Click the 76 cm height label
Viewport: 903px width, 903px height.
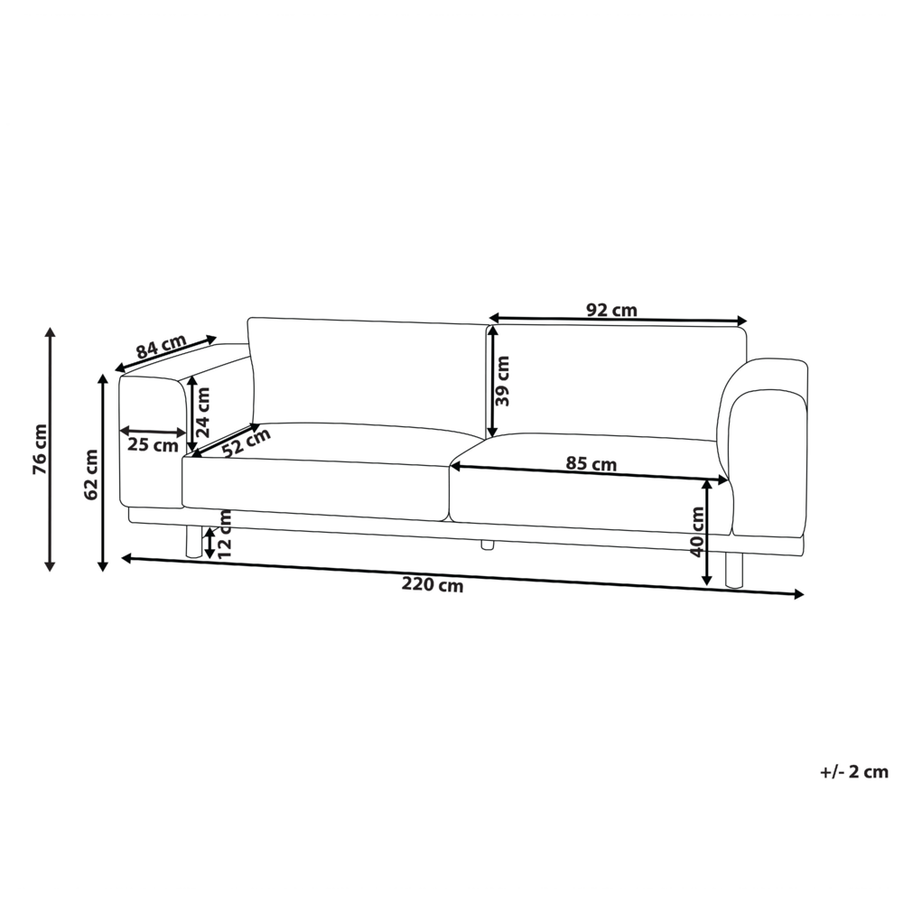(x=41, y=449)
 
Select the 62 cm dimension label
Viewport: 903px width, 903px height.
(x=91, y=475)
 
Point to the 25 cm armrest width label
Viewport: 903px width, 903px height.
(x=153, y=445)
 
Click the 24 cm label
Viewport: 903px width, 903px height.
(x=202, y=412)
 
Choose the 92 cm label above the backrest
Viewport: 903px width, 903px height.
(x=611, y=311)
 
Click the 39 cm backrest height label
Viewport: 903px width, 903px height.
(x=503, y=381)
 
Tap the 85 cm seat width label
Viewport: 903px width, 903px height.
(x=591, y=463)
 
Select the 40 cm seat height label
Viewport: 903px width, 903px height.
(x=697, y=532)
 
